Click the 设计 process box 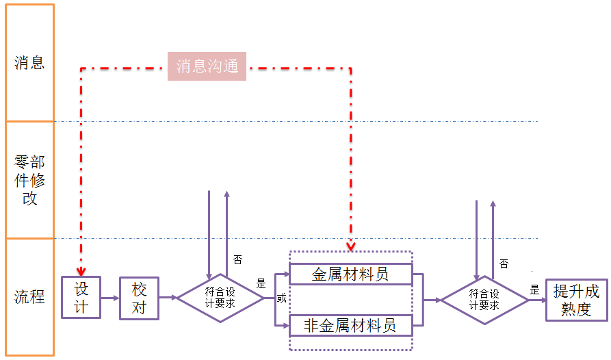click(81, 297)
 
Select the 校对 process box click(139, 298)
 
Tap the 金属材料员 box click(350, 274)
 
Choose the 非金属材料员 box click(350, 325)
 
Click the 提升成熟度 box click(576, 300)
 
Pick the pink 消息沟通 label click(207, 66)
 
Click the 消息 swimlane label click(29, 63)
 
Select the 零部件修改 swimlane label click(29, 181)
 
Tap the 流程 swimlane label click(29, 297)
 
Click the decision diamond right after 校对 click(220, 298)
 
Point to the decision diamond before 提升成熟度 click(484, 300)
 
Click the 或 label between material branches click(281, 298)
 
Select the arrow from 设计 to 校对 click(109, 298)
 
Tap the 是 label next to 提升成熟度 click(534, 290)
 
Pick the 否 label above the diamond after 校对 click(237, 259)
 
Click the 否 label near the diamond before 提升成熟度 click(504, 263)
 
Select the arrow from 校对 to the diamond click(168, 298)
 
